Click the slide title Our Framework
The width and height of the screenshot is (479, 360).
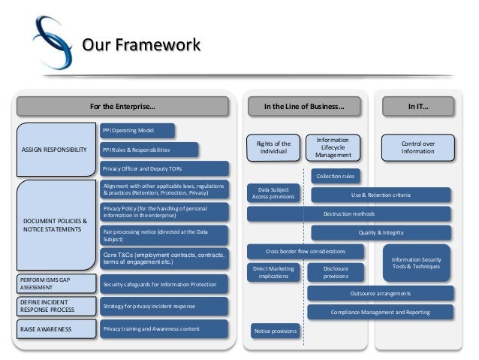tap(140, 45)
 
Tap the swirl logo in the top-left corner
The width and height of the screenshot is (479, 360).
tap(52, 43)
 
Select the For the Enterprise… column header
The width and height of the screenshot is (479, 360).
tap(123, 107)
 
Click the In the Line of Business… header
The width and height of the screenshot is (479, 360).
tap(304, 107)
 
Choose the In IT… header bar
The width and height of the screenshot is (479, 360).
tap(417, 107)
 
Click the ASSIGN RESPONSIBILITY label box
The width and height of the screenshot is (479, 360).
tap(55, 149)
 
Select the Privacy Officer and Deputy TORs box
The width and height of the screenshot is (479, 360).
tap(164, 168)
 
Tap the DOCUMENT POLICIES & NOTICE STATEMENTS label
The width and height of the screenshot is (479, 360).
tap(55, 225)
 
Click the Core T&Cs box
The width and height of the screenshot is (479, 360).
tap(164, 259)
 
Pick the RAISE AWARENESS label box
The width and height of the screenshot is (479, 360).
tap(55, 328)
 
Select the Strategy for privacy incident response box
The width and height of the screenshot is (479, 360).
tap(164, 307)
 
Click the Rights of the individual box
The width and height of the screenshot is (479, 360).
tap(273, 148)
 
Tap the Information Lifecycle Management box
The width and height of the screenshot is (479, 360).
tap(333, 147)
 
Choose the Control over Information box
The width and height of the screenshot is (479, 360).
tap(417, 147)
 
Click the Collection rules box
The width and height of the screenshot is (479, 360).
tap(335, 177)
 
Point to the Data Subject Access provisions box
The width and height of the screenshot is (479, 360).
tap(273, 194)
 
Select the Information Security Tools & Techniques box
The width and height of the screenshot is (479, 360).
tap(417, 262)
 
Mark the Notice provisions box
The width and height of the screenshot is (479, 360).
tap(274, 331)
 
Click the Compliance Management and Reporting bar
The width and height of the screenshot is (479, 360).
tap(380, 311)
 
